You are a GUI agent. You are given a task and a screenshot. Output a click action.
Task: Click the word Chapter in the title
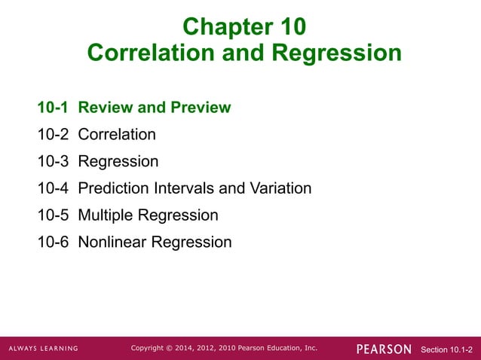point(222,27)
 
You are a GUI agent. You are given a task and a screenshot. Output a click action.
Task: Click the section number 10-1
point(54,108)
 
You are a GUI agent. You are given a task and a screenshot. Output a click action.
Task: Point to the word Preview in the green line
point(200,108)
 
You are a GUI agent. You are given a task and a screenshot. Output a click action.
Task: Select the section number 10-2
point(54,135)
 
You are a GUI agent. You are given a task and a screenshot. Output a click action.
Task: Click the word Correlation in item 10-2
point(117,135)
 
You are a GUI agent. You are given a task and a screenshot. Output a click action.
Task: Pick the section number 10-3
point(54,162)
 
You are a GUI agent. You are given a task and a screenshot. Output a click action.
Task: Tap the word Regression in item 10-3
point(118,162)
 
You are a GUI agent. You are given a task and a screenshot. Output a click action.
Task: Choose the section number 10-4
point(54,188)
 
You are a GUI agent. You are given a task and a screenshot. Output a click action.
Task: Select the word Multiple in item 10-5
point(105,215)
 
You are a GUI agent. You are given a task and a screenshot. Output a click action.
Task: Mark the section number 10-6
point(54,243)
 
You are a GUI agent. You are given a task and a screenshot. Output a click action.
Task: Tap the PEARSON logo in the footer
point(384,349)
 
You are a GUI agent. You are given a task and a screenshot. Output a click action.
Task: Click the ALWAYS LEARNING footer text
point(43,349)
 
